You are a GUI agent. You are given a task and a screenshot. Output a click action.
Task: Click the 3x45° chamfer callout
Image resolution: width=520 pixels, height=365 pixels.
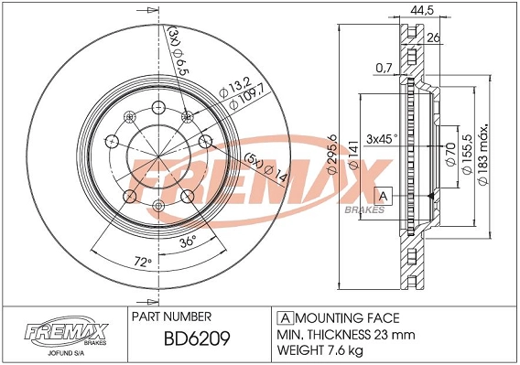coord(382,138)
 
